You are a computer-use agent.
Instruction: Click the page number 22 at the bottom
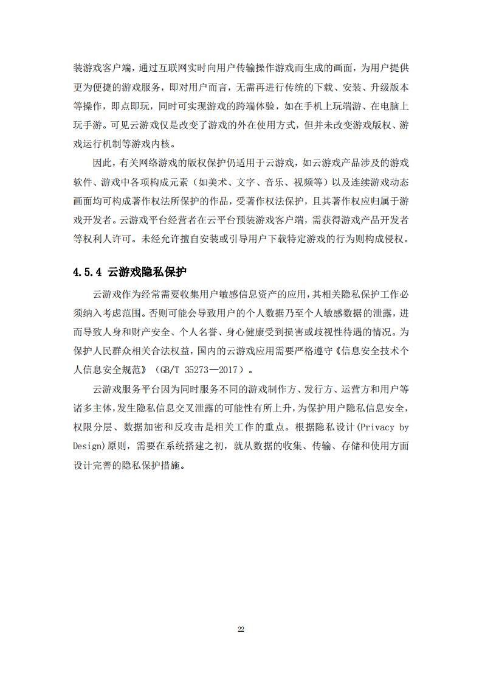(241, 629)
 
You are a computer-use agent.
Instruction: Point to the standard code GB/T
(170, 369)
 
